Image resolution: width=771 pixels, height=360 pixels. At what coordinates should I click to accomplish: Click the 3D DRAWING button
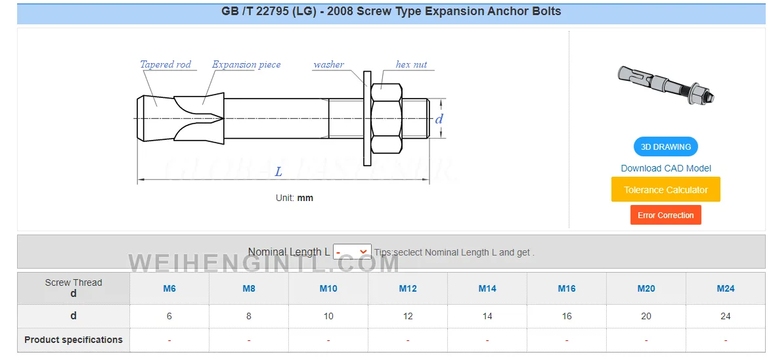(x=665, y=146)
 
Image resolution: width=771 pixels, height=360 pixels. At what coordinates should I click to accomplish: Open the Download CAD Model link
(x=666, y=168)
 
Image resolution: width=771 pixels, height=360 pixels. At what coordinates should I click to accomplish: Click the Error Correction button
(x=665, y=215)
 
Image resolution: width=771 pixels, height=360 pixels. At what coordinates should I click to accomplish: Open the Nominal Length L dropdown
(x=352, y=252)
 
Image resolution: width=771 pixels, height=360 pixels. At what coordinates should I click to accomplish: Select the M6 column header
(x=169, y=288)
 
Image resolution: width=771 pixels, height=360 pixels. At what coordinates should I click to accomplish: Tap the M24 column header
(x=725, y=288)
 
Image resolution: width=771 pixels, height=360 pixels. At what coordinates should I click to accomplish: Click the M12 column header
(x=408, y=288)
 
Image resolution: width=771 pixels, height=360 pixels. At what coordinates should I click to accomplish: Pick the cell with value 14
(x=487, y=316)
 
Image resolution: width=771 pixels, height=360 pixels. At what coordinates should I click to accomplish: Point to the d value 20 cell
(x=646, y=316)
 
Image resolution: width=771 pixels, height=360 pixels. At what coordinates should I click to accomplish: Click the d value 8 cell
(x=249, y=316)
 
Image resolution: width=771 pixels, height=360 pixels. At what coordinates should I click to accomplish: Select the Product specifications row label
(x=74, y=340)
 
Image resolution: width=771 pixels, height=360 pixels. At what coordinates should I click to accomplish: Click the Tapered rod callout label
(x=165, y=64)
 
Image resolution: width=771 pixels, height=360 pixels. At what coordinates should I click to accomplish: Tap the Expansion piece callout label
(x=246, y=64)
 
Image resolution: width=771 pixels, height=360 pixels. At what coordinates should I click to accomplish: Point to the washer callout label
(x=328, y=64)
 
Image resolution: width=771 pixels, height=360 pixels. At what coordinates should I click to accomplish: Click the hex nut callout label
(x=411, y=64)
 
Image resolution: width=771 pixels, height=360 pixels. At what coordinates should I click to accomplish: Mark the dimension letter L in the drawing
(x=278, y=171)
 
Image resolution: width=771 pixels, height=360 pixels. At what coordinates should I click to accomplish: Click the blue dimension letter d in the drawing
(x=439, y=119)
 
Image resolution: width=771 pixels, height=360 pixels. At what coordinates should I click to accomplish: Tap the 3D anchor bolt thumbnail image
(x=666, y=85)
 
